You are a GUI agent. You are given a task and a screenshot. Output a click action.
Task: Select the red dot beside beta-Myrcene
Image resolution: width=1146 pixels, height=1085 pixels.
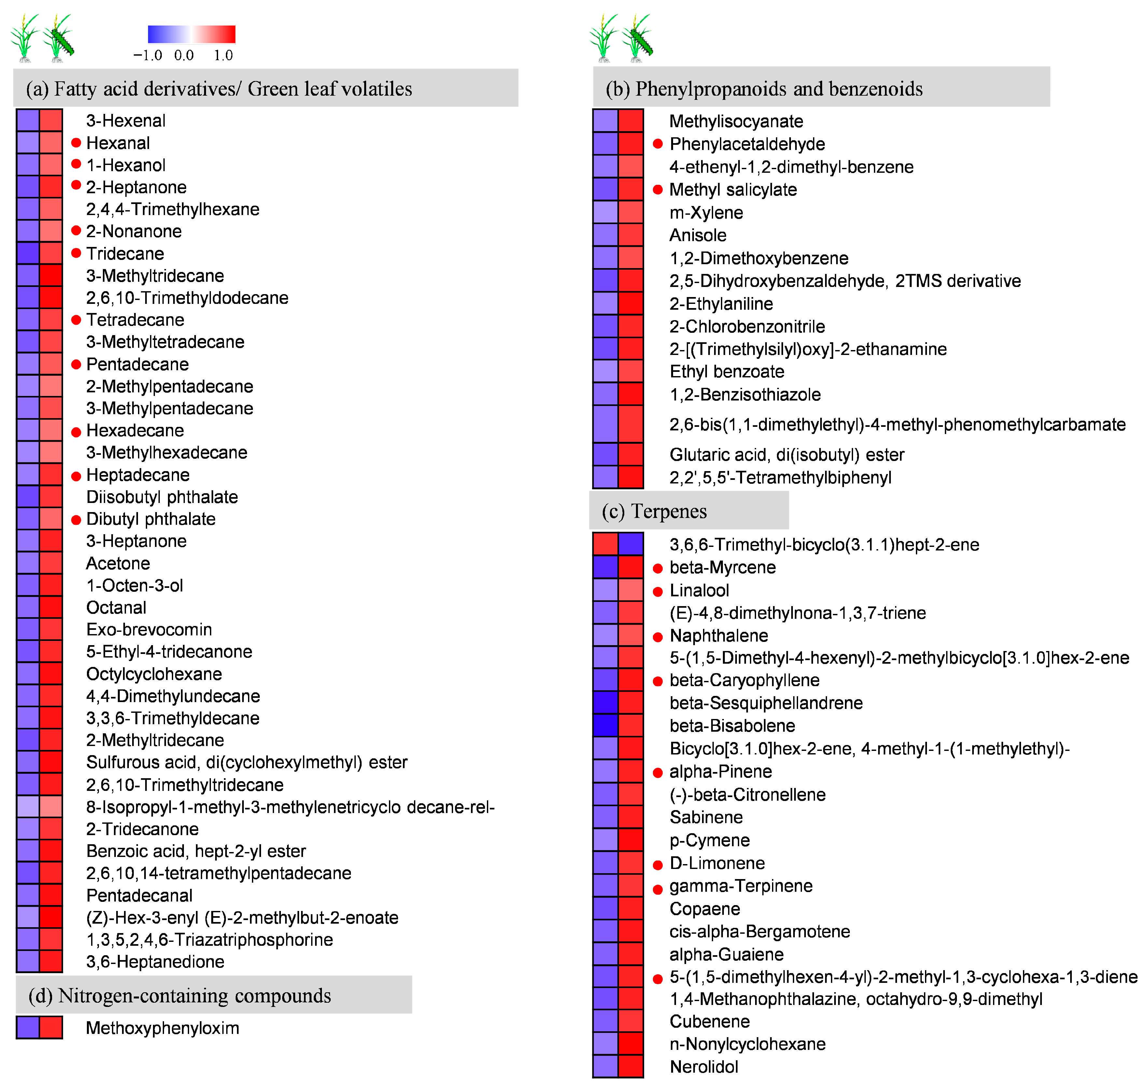[x=657, y=568]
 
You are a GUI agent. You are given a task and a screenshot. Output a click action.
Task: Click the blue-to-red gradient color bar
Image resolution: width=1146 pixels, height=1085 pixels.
[x=191, y=34]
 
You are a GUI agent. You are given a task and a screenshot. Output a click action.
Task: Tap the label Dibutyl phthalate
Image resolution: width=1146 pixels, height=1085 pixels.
[x=151, y=519]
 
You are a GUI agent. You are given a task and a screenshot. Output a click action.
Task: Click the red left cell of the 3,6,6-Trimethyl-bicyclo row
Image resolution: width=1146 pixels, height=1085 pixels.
[x=605, y=544]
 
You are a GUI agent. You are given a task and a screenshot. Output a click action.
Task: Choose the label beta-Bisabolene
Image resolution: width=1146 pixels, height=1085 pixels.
[x=732, y=726]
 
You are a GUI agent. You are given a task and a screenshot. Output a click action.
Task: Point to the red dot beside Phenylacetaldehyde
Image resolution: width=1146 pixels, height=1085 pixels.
[x=657, y=144]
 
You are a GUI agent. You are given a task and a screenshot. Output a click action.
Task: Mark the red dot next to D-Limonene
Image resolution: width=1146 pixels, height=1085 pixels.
[x=657, y=865]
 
